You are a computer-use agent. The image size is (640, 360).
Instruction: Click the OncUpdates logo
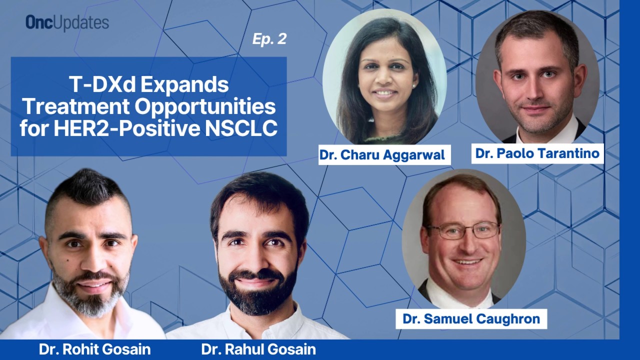click(67, 22)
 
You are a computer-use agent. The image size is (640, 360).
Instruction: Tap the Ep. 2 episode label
click(269, 39)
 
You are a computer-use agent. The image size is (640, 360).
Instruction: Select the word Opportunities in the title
click(205, 106)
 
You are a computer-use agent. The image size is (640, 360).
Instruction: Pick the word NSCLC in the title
click(241, 128)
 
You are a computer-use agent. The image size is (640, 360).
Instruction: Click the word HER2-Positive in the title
click(127, 128)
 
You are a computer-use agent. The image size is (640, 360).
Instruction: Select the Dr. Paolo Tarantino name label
click(537, 153)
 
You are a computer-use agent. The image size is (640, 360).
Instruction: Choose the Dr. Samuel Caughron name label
click(471, 319)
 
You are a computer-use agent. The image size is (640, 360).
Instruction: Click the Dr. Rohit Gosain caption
click(94, 349)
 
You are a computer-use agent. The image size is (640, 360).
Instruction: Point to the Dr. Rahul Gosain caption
click(258, 349)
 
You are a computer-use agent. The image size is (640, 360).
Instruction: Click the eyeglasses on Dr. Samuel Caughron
click(463, 230)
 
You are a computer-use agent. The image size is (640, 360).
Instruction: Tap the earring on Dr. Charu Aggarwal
click(413, 85)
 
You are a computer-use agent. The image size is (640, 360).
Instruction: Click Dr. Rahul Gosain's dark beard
click(256, 288)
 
